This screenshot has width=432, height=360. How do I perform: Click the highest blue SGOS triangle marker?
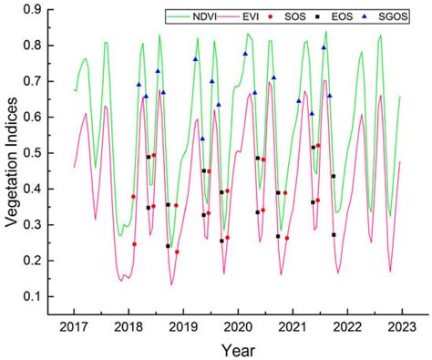tap(324, 47)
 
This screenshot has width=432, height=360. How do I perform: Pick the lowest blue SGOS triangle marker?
tap(202, 139)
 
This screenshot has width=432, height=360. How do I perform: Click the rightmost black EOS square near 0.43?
tap(334, 176)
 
